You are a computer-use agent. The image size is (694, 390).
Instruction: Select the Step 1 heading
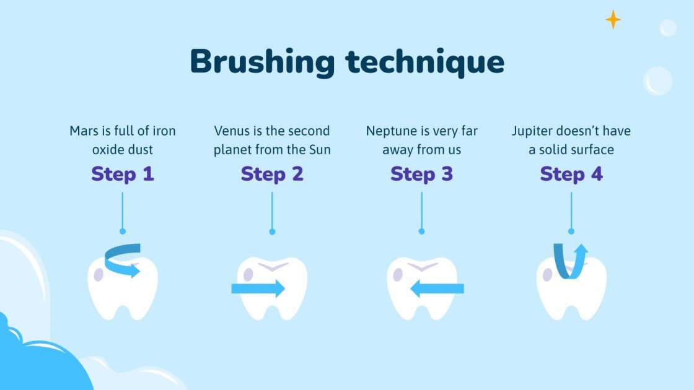[x=122, y=174]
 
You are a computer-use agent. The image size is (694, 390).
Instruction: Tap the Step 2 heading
[x=272, y=174]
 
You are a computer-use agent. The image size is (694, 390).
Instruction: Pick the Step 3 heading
[x=421, y=174]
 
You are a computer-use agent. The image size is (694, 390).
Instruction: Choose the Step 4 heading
[x=571, y=174]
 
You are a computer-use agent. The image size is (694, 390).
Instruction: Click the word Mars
[x=82, y=131]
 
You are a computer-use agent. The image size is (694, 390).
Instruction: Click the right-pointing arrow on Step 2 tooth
[x=258, y=288]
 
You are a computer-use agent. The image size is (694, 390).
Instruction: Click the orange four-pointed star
[x=613, y=20]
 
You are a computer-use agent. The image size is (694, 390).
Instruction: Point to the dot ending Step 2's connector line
[x=272, y=232]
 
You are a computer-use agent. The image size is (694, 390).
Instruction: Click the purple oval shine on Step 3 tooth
[x=397, y=274]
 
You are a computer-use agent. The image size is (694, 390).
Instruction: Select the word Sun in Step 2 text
[x=319, y=150]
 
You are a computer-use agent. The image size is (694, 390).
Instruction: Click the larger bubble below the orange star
[x=657, y=80]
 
